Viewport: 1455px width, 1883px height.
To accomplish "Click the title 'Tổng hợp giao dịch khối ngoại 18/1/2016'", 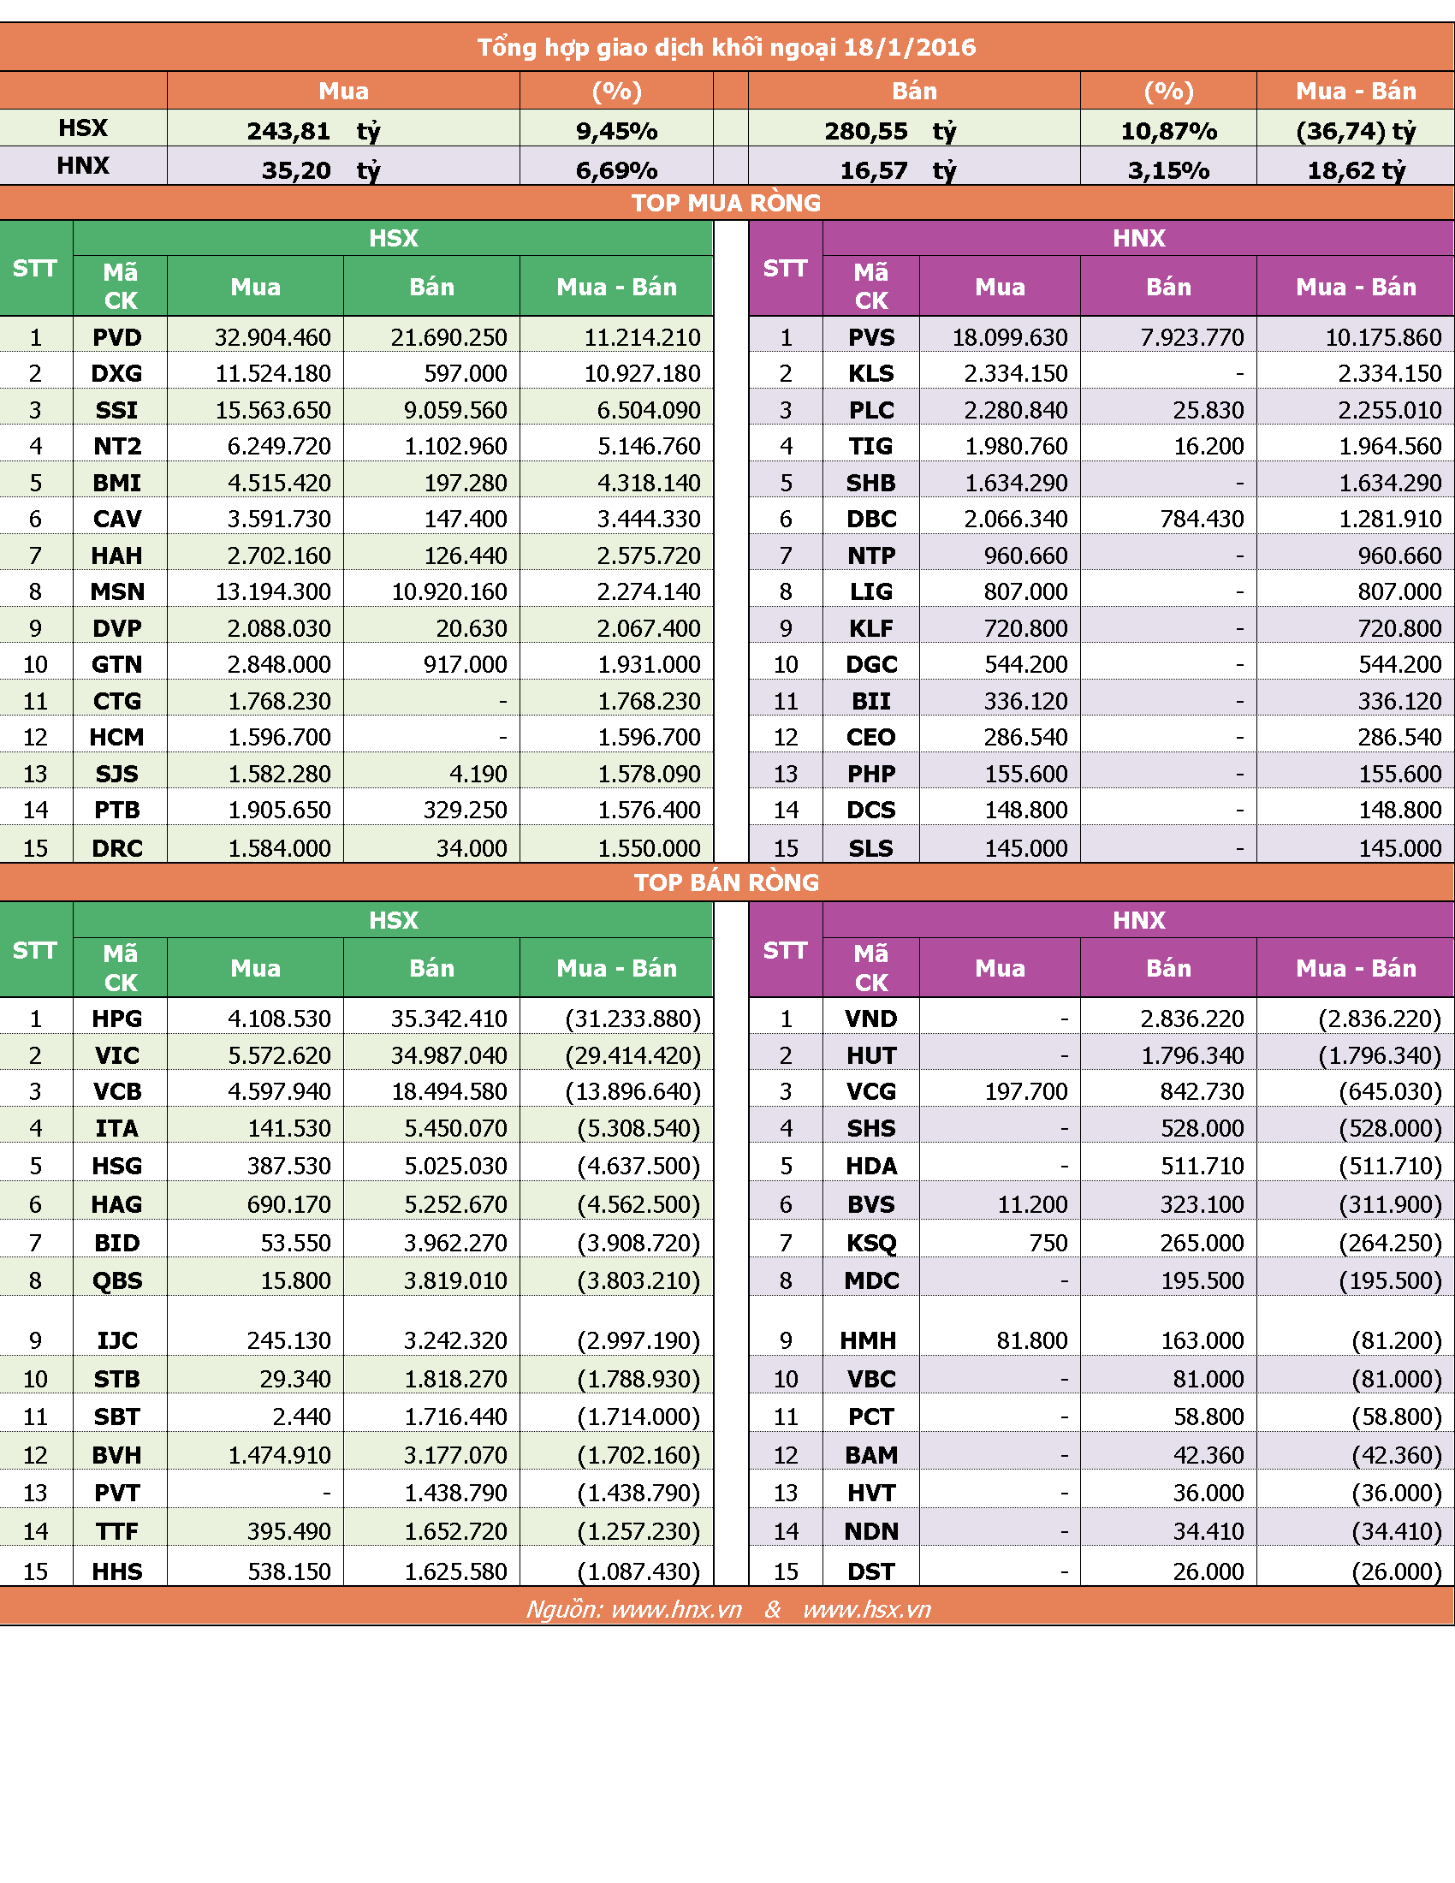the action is [727, 47].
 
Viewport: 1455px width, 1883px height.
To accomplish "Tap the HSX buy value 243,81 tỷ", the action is [313, 131].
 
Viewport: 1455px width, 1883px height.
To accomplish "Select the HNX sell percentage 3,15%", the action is [1169, 170].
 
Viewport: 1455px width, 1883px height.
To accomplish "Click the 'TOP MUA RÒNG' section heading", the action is [727, 204].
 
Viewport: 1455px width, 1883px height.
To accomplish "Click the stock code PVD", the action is [117, 337].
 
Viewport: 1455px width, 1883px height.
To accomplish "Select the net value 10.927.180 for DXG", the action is [642, 373].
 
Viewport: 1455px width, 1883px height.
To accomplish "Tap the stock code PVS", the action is [871, 337].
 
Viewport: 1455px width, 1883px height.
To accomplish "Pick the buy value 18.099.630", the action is [1009, 337].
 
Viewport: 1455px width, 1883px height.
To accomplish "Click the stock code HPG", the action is [117, 1019].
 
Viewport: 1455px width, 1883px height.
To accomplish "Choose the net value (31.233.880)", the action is [633, 1019].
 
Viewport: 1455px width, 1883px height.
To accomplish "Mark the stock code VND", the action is [871, 1019].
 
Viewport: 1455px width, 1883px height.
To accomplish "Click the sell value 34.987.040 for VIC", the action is [449, 1055].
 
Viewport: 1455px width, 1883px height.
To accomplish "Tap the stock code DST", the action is [871, 1571].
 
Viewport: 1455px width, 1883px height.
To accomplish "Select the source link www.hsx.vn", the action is [867, 1610].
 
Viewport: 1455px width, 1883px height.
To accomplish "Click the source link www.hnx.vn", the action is [677, 1610].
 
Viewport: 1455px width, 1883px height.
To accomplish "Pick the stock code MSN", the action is [117, 591].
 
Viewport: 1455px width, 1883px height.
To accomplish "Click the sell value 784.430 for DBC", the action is [1202, 519].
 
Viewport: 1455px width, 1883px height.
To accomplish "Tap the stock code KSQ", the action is [871, 1244].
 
